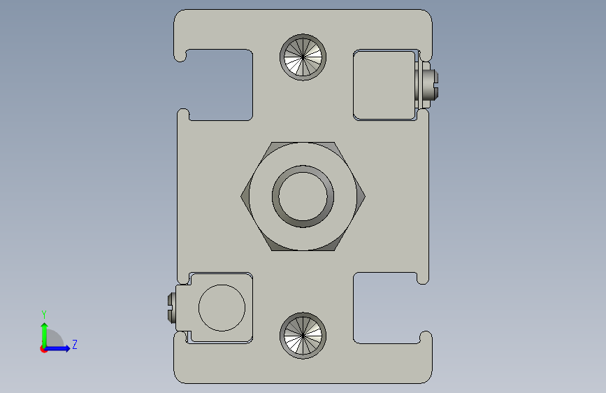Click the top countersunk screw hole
tap(303, 57)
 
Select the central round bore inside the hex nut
tap(303, 196)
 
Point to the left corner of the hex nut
tap(242, 196)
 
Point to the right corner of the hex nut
tap(365, 196)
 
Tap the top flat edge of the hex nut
tap(303, 143)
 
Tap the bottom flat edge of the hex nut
tap(303, 250)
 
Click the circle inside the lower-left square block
tap(222, 308)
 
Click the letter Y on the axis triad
tap(43, 314)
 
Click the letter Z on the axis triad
tap(74, 345)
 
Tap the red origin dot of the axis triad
tap(43, 349)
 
